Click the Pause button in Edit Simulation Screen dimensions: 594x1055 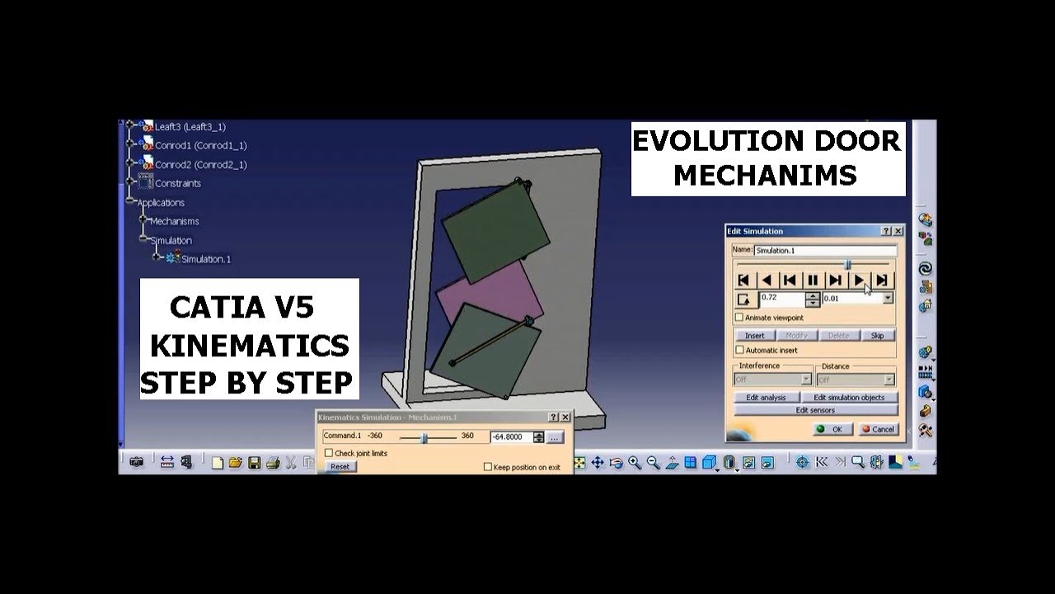tap(813, 280)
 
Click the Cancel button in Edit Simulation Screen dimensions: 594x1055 tap(878, 429)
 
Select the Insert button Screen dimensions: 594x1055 tap(754, 336)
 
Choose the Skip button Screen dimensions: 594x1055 tap(878, 336)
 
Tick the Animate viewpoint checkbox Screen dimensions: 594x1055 tap(739, 318)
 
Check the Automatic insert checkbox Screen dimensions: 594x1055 tap(739, 351)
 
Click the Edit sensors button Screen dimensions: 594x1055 tap(814, 410)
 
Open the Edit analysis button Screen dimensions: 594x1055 tap(766, 398)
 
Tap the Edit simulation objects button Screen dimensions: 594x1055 tap(848, 398)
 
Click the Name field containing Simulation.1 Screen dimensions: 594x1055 tap(825, 250)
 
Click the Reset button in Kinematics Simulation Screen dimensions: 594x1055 tap(340, 466)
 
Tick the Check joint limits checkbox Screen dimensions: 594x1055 tap(329, 453)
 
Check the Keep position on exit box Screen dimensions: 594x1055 tap(488, 467)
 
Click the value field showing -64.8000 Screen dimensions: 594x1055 tap(511, 436)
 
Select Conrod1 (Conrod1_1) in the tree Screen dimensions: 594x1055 tap(200, 146)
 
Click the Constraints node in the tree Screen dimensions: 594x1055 tap(177, 183)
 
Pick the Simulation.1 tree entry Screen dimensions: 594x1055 tap(205, 259)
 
